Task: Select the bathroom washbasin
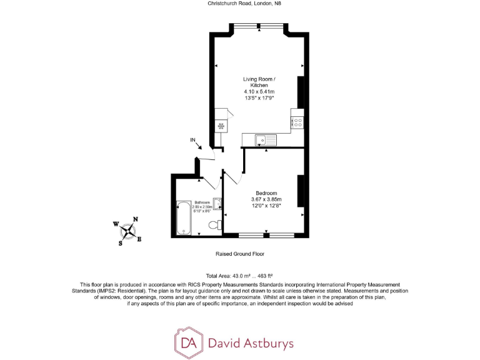216,202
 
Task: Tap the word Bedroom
266,192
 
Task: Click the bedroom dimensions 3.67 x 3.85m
267,199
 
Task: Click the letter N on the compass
136,219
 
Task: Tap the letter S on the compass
121,244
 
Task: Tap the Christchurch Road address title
239,4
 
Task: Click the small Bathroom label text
202,202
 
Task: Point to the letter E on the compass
139,239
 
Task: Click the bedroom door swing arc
233,179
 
